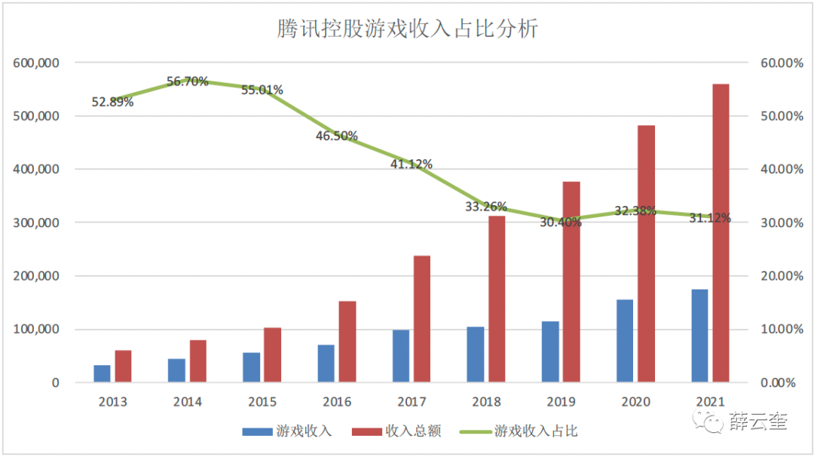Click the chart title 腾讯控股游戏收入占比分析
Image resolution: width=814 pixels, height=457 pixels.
coord(406,29)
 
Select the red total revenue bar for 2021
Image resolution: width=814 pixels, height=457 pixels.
coord(721,233)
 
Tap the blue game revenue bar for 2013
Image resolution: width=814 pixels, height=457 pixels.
coord(102,373)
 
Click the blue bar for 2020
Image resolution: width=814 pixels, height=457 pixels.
coord(625,341)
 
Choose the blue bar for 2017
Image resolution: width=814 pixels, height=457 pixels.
coord(400,356)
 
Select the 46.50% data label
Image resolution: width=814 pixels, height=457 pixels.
coord(337,136)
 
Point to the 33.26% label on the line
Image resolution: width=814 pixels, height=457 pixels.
coord(486,207)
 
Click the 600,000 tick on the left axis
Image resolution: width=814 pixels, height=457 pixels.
coord(37,63)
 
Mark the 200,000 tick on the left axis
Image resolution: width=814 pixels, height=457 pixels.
coord(37,276)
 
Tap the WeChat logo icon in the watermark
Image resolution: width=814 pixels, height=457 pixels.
coord(712,422)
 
